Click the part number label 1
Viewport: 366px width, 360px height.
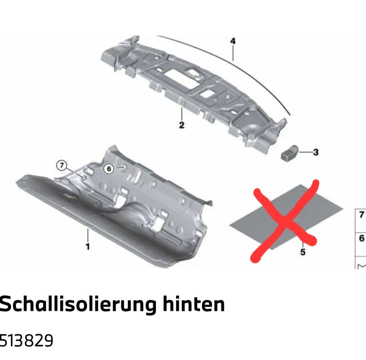88,247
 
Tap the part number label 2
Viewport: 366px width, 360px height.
182,125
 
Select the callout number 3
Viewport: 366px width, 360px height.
316,152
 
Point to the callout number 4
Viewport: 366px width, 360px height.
233,41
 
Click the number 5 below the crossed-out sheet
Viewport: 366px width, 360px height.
303,252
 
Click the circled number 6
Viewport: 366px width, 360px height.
109,168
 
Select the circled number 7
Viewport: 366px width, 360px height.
62,165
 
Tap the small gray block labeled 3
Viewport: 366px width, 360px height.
290,152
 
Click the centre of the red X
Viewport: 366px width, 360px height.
284,220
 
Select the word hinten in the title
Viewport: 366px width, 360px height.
194,304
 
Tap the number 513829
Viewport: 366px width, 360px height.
26,340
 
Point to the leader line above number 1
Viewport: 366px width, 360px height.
88,235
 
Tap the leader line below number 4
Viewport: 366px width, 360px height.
233,53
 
